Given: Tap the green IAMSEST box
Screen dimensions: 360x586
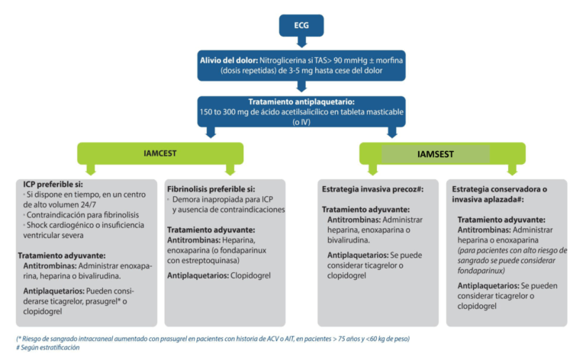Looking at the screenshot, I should pyautogui.click(x=436, y=153).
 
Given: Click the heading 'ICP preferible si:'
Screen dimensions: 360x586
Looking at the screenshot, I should pyautogui.click(x=48, y=185).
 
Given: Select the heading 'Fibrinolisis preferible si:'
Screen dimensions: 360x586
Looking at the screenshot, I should pyautogui.click(x=211, y=188).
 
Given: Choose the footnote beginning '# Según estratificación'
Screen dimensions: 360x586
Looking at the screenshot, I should pyautogui.click(x=47, y=347).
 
